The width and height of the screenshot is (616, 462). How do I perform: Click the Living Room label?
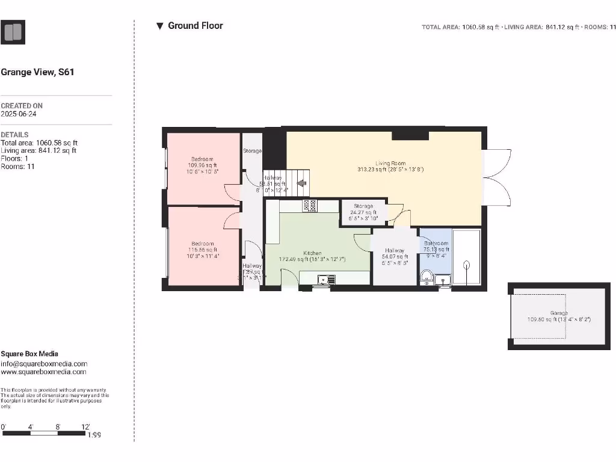tap(390, 163)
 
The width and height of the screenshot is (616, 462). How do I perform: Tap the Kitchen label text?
tap(312, 253)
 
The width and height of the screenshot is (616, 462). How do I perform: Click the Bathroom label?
tap(436, 243)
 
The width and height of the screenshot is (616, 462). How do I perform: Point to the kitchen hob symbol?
tap(310, 206)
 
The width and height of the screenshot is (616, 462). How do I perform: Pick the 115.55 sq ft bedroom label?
tap(202, 244)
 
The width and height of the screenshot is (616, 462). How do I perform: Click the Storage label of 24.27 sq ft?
tap(363, 206)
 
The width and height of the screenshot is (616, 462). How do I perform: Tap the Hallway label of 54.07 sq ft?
tap(395, 250)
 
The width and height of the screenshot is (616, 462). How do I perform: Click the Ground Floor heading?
tap(195, 26)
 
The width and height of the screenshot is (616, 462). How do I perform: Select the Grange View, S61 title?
tap(37, 72)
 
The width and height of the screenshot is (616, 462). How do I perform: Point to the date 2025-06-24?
tap(19, 114)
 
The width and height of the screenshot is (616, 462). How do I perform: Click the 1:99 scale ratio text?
tap(94, 434)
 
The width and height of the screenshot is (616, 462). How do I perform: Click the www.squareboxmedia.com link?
tap(43, 372)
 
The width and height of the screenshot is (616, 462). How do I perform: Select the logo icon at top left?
tap(13, 32)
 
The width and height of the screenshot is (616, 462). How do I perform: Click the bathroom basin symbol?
tap(446, 279)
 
